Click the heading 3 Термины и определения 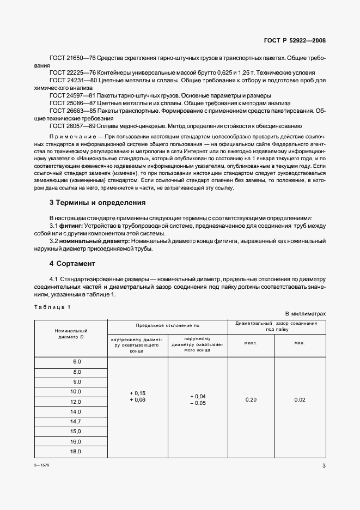[97, 202]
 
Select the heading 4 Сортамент [72, 263]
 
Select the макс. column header [251, 343]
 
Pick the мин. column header [300, 343]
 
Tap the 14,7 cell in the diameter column [75, 421]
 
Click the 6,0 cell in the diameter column [76, 362]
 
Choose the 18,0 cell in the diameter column [75, 451]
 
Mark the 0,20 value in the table [251, 400]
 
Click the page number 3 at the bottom [324, 466]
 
